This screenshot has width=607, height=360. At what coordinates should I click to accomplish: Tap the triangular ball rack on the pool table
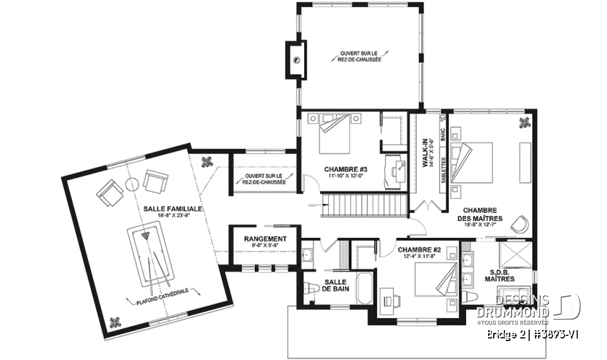(x=147, y=235)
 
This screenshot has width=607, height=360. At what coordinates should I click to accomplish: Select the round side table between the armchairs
(x=133, y=184)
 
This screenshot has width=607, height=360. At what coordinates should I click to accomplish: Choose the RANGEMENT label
(x=265, y=239)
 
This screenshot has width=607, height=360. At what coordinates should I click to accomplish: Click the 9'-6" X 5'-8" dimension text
(x=265, y=246)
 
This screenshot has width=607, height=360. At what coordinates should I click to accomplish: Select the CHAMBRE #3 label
(x=346, y=169)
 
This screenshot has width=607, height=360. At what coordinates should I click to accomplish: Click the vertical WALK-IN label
(x=426, y=156)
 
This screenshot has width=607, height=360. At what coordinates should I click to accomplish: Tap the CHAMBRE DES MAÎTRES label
(x=479, y=215)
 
